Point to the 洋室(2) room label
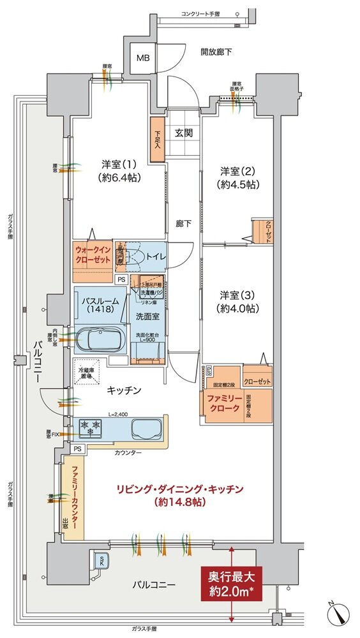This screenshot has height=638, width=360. click(x=237, y=177)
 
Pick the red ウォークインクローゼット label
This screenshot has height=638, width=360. click(x=93, y=256)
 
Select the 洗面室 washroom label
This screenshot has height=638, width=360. click(x=147, y=316)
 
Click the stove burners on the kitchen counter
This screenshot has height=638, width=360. click(x=89, y=427)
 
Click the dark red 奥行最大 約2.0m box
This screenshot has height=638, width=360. click(x=232, y=583)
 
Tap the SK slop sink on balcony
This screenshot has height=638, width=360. click(x=100, y=560)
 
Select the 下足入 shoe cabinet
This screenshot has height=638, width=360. click(x=157, y=139)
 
